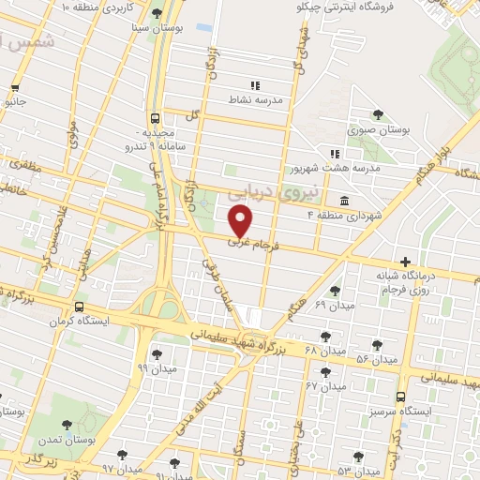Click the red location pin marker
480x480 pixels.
241,221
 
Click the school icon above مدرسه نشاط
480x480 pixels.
256,85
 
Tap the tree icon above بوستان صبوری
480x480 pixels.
378,114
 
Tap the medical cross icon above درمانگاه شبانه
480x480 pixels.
405,261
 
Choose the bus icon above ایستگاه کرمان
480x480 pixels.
78,307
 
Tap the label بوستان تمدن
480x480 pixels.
62,440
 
